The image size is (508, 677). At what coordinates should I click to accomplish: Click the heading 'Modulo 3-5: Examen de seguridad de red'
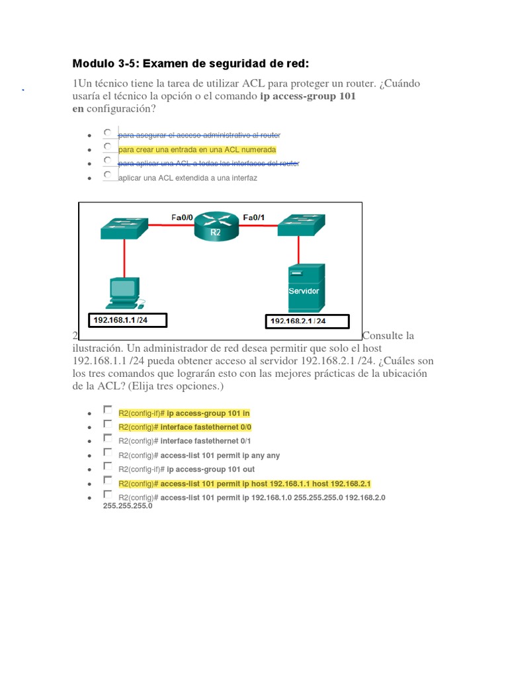pos(190,63)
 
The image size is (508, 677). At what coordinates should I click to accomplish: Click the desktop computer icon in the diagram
pos(124,293)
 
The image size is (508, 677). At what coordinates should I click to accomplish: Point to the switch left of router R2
pos(124,226)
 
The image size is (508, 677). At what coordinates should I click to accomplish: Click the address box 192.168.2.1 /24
pos(298,321)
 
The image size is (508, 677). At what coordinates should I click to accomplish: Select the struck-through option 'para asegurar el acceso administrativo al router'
pos(199,136)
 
